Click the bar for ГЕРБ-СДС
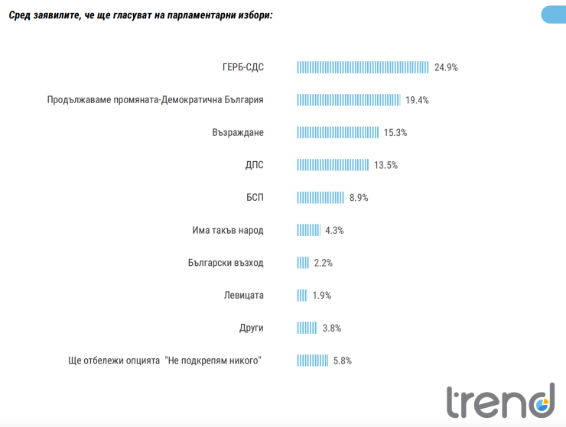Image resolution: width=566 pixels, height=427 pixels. point(363,67)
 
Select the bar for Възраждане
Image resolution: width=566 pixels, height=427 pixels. point(337,132)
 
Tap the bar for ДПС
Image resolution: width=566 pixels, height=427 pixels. point(333,165)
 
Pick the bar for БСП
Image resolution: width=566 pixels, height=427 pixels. point(320,198)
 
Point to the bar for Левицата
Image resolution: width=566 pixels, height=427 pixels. point(302,295)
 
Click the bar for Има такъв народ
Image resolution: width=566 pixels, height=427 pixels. point(308,230)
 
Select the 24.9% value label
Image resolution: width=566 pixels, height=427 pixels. point(446,67)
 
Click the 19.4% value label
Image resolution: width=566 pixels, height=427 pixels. point(417,100)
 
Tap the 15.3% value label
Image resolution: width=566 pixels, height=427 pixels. point(395,133)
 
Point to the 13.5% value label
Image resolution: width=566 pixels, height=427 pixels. point(386,165)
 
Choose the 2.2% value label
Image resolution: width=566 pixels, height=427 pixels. point(323,263)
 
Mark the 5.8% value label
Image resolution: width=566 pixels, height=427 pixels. point(341,360)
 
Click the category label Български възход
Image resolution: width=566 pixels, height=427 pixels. point(225,263)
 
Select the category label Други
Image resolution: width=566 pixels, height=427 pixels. point(251,328)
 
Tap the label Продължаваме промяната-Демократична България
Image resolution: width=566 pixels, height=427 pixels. point(155,100)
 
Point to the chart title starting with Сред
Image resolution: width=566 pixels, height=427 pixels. point(139,15)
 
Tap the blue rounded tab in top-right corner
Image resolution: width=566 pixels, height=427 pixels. point(553,15)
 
